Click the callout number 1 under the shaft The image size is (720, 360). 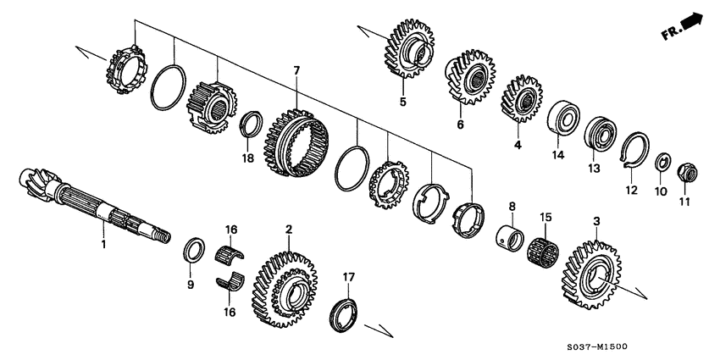[x=103, y=245]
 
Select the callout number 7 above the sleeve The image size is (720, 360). [x=296, y=69]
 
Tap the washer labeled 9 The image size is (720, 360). [x=193, y=251]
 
